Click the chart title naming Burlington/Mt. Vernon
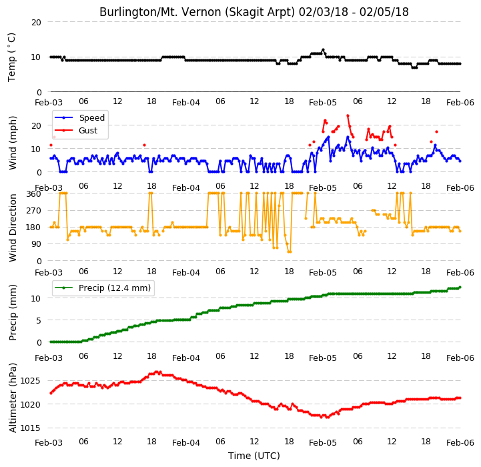coord(254,12)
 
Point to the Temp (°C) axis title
coord(11,57)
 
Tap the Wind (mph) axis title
coord(13,143)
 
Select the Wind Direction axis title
coord(13,228)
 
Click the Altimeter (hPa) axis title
coord(13,398)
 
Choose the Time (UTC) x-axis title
coord(254,456)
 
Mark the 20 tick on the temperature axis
coord(36,23)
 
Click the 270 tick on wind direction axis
coord(34,211)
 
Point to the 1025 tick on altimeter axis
coord(30,381)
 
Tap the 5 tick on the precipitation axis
coord(39,321)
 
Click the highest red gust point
coord(348,115)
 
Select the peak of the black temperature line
coord(323,50)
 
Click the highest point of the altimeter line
coord(157,372)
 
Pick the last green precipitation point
coord(460,288)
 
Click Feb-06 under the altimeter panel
coord(460,443)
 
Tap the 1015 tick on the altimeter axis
coord(30,428)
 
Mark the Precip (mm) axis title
coord(13,313)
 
